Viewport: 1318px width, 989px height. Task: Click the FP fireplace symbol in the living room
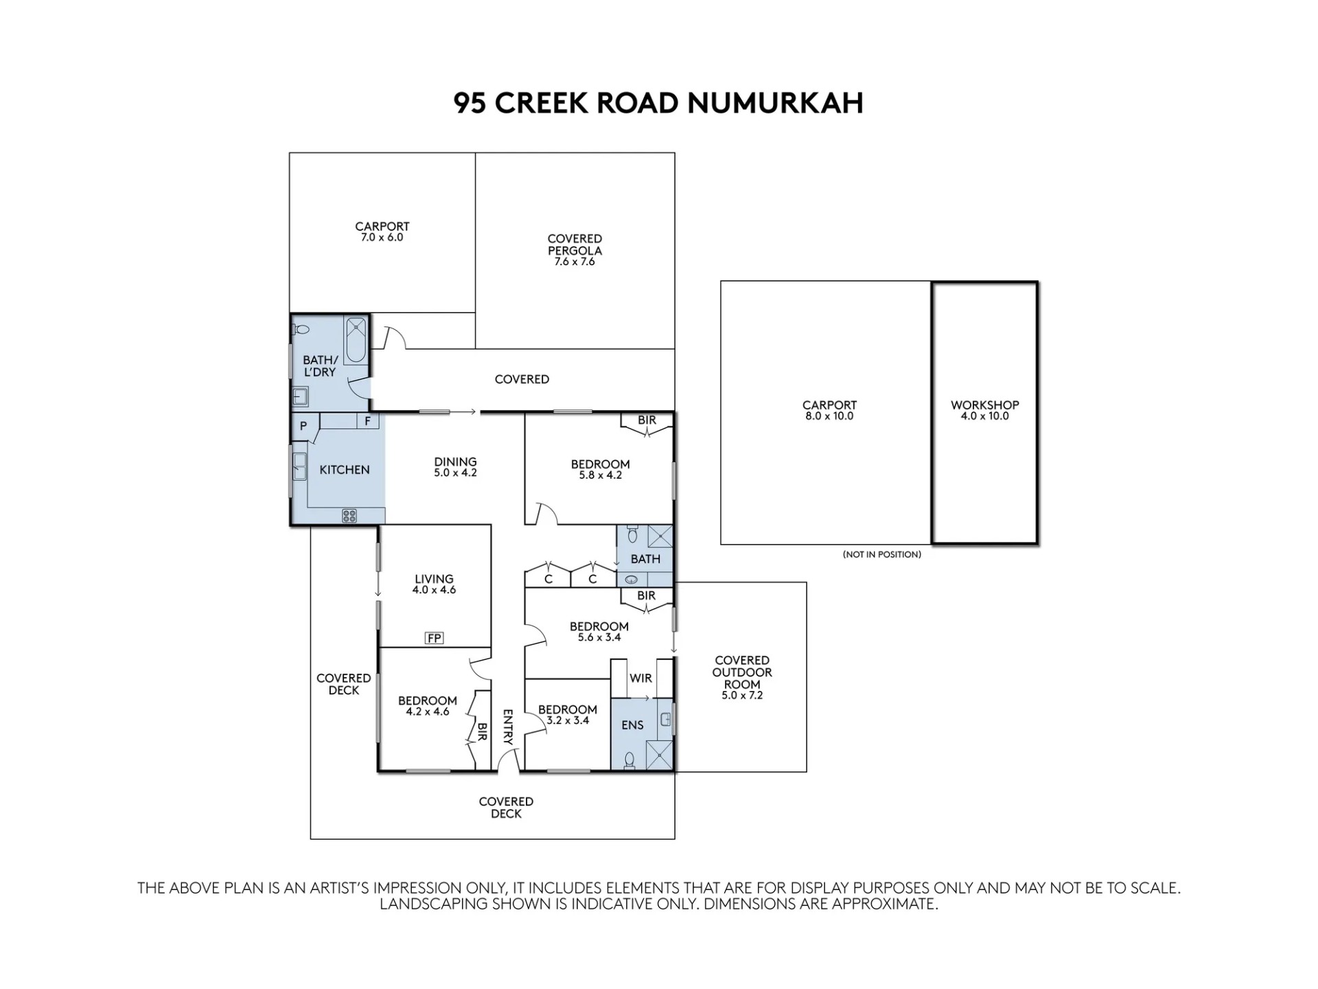click(x=434, y=639)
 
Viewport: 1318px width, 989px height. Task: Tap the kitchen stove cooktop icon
click(x=349, y=516)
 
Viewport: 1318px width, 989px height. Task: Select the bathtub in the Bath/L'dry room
click(x=356, y=339)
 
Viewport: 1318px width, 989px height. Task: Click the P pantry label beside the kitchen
click(x=303, y=427)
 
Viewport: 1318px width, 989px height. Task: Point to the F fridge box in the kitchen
click(x=368, y=421)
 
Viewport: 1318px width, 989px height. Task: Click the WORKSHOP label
click(x=984, y=405)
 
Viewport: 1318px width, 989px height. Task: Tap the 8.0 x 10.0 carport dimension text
click(x=829, y=416)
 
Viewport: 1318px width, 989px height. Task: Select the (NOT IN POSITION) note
click(x=882, y=554)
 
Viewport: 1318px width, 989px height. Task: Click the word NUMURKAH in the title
click(x=775, y=103)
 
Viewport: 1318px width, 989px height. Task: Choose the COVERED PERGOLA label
click(x=575, y=245)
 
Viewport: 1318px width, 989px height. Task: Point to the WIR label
click(x=640, y=679)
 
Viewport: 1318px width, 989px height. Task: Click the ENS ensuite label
click(x=632, y=725)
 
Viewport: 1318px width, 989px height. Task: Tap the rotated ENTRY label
click(x=508, y=727)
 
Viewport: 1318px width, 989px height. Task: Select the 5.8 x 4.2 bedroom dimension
click(x=600, y=475)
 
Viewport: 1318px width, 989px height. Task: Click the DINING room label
click(x=455, y=462)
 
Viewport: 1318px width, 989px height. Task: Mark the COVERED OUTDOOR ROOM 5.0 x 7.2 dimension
click(x=742, y=696)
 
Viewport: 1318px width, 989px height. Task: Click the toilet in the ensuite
click(x=629, y=758)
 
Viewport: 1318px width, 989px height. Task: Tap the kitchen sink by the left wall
click(x=299, y=466)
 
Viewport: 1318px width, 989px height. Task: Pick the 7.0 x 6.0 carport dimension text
click(x=382, y=238)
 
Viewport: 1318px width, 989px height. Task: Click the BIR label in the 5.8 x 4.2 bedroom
click(x=647, y=420)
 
